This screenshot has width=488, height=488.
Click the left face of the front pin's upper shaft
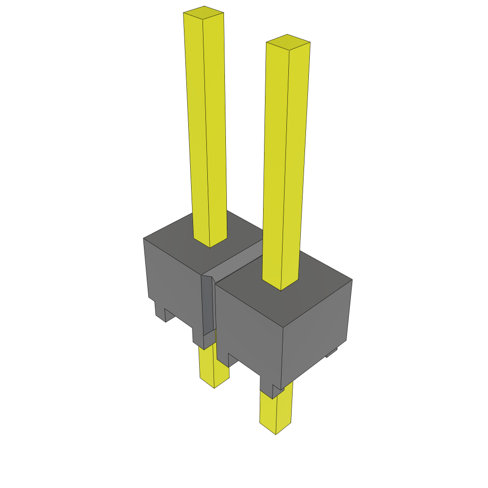[275, 162]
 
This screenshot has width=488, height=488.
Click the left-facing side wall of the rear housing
[172, 281]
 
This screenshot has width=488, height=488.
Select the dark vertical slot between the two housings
[207, 305]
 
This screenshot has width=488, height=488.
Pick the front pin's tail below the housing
[275, 410]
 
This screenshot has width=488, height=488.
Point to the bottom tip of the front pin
[276, 431]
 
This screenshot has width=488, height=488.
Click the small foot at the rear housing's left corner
[160, 310]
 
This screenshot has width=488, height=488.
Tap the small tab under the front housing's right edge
[332, 353]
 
